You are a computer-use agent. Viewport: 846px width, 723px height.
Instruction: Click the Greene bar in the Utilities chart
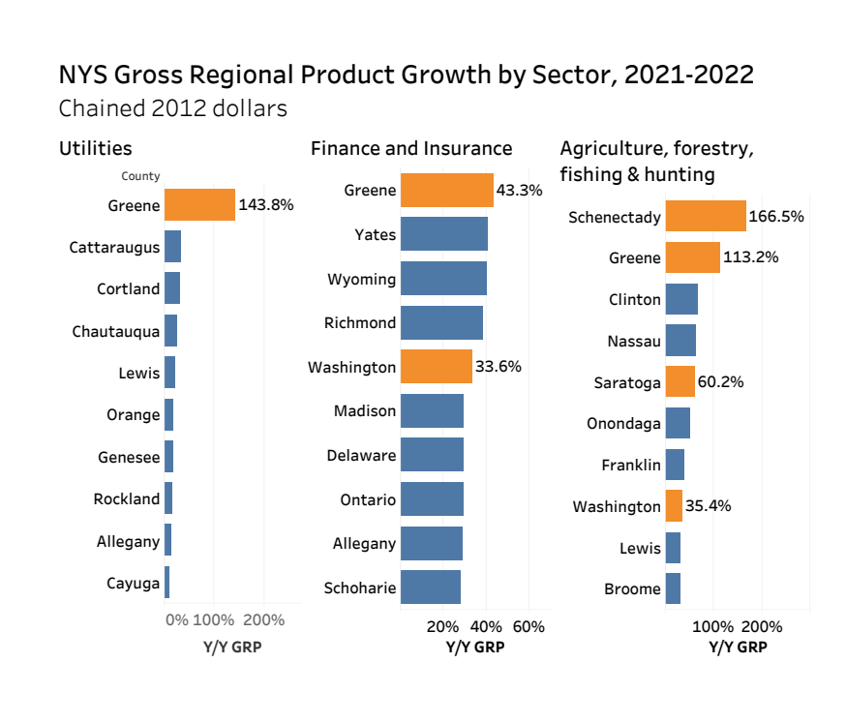[x=199, y=205]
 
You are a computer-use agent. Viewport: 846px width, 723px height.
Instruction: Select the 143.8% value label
[x=265, y=205]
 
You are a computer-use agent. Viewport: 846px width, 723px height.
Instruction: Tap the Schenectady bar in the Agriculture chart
[x=705, y=217]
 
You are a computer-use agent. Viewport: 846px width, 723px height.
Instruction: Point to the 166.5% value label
[x=777, y=217]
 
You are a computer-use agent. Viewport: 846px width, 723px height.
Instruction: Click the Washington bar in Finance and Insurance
[x=437, y=367]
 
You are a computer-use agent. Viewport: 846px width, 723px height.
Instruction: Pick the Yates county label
[x=376, y=234]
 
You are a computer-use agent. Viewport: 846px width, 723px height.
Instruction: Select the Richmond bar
[x=441, y=322]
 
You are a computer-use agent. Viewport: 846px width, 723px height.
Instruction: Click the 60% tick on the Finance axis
[x=529, y=626]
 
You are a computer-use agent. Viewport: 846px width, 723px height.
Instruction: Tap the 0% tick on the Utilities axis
[x=177, y=620]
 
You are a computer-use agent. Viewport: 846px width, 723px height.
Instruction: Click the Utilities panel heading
[x=96, y=148]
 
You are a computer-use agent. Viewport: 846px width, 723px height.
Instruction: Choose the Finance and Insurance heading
[x=411, y=148]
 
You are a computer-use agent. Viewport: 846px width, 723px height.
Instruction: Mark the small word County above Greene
[x=140, y=176]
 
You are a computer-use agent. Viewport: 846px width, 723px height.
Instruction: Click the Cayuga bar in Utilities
[x=166, y=583]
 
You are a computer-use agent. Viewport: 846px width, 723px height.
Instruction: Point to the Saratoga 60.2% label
[x=720, y=382]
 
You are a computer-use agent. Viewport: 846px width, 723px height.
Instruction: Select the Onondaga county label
[x=623, y=423]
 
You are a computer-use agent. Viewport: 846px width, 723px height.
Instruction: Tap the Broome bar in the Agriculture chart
[x=673, y=588]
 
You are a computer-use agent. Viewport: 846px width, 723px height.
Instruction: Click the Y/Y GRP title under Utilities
[x=232, y=647]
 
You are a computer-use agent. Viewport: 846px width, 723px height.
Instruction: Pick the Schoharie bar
[x=431, y=587]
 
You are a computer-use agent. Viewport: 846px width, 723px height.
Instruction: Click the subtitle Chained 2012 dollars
[x=173, y=108]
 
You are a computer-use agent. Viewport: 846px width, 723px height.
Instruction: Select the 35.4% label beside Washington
[x=709, y=506]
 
